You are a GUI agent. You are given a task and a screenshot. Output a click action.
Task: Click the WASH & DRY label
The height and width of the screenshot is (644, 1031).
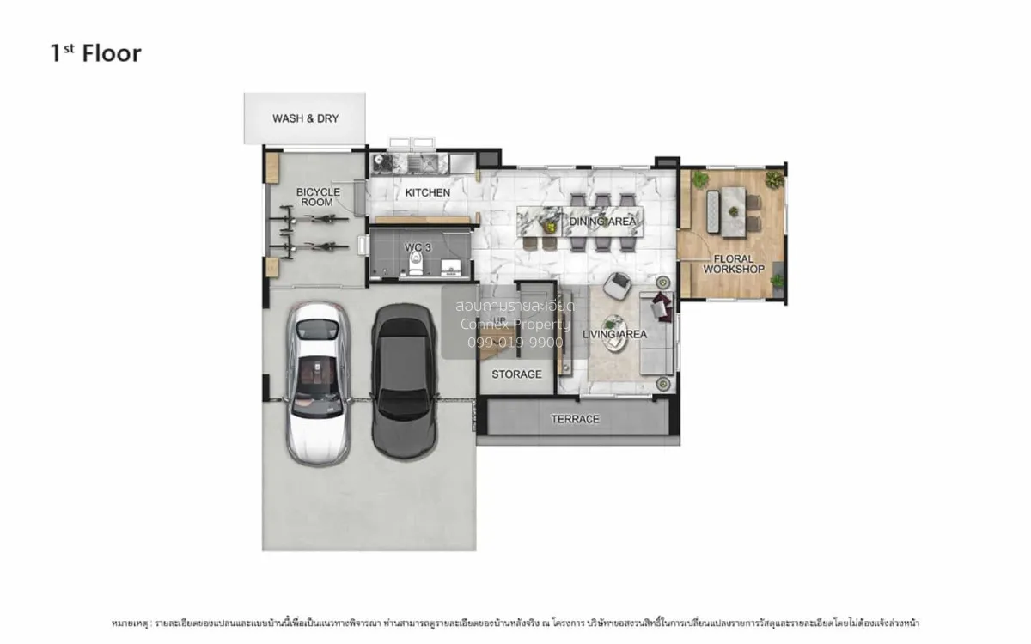(305, 118)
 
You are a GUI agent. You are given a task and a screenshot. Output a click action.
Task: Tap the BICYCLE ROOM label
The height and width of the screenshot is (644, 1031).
(318, 197)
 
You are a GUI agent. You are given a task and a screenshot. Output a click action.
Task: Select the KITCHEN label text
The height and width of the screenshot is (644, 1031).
(427, 192)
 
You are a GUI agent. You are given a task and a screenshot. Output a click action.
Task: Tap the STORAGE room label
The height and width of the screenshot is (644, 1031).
(516, 374)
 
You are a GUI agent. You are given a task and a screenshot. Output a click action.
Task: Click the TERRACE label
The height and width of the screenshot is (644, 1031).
(575, 419)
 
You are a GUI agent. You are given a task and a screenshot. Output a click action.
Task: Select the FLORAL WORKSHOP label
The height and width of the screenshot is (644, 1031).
(733, 264)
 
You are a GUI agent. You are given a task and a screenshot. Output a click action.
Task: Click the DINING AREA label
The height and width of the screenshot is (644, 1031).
(602, 222)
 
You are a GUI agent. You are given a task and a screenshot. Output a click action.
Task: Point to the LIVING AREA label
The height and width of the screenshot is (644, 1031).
(613, 334)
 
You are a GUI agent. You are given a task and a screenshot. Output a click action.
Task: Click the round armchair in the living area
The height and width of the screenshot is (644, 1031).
(617, 285)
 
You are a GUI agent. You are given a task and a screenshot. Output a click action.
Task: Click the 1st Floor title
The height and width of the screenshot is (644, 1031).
(95, 53)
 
